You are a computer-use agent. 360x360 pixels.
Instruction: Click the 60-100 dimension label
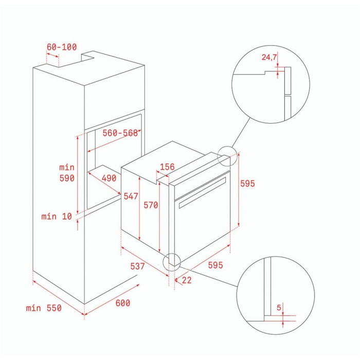tap(62, 47)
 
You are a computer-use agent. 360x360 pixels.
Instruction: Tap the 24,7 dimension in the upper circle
tap(269, 57)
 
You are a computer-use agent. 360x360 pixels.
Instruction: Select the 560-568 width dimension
tap(120, 133)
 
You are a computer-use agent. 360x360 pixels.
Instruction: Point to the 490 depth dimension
tap(109, 178)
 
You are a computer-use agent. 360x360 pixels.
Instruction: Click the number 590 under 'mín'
tap(67, 178)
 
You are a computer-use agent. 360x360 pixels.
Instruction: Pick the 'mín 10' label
tap(57, 217)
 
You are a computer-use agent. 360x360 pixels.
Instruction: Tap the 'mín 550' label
tap(44, 308)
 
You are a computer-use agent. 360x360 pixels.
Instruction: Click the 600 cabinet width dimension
tap(122, 303)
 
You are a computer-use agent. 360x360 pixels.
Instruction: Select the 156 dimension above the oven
tap(167, 167)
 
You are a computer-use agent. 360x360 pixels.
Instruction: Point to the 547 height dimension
tap(131, 196)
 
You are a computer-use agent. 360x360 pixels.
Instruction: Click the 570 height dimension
tap(151, 205)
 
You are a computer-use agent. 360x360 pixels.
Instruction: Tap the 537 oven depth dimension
tap(137, 266)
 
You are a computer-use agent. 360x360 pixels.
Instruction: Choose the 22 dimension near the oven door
tap(186, 280)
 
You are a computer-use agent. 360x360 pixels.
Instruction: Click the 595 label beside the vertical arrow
tap(247, 184)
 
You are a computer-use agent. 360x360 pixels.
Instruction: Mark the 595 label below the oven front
tap(215, 265)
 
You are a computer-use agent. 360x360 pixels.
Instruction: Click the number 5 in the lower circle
tap(279, 308)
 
